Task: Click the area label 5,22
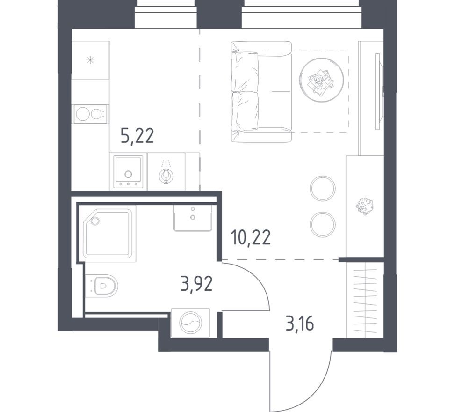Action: pyautogui.click(x=137, y=136)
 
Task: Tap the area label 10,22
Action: pyautogui.click(x=251, y=238)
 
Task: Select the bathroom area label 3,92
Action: pyautogui.click(x=196, y=284)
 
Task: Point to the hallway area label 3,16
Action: pyautogui.click(x=299, y=323)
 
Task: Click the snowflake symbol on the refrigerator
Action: pyautogui.click(x=90, y=59)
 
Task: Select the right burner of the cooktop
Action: pyautogui.click(x=96, y=114)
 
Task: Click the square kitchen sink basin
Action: pyautogui.click(x=128, y=169)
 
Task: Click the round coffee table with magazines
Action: pyautogui.click(x=321, y=79)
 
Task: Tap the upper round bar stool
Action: pyautogui.click(x=323, y=188)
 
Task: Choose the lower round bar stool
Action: pyautogui.click(x=323, y=224)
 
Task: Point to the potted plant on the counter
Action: pyautogui.click(x=365, y=206)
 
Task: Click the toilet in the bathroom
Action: pyautogui.click(x=105, y=285)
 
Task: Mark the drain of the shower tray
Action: pyautogui.click(x=95, y=220)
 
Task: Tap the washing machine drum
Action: pyautogui.click(x=191, y=324)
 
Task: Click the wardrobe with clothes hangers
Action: pyautogui.click(x=365, y=300)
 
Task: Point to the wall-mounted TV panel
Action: pyautogui.click(x=377, y=91)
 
